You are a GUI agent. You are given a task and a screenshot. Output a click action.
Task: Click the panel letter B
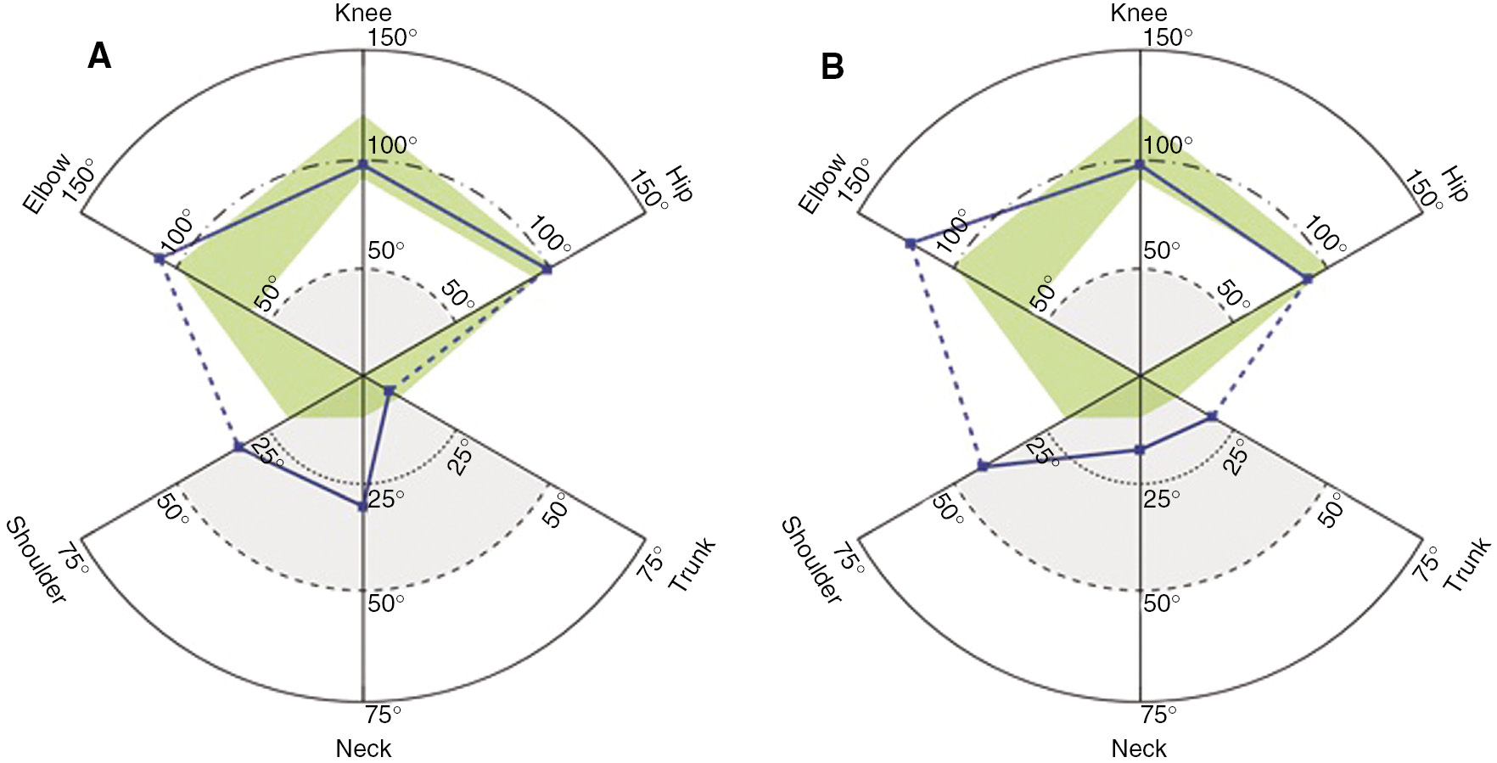point(832,67)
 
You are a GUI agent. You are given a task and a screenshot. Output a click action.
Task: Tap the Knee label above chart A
point(363,13)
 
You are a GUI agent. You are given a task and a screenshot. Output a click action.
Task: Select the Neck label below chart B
point(1139,749)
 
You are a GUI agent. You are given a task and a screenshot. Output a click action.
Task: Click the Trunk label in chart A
point(692,564)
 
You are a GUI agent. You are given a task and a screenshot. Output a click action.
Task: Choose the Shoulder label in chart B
point(810,561)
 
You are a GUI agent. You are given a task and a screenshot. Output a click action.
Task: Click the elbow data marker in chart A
point(160,258)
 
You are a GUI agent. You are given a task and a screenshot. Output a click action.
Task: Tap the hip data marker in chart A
point(547,269)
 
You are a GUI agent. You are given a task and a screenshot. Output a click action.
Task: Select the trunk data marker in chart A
point(390,390)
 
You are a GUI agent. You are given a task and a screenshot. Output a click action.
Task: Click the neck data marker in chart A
point(363,506)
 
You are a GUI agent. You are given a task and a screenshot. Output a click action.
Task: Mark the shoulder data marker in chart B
point(983,466)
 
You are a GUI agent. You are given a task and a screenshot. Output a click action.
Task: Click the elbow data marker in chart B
point(910,244)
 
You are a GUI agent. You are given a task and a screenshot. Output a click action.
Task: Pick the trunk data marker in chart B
point(1212,416)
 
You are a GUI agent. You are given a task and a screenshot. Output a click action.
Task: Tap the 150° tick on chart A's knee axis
point(393,38)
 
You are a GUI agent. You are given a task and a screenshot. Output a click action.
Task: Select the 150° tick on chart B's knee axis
point(1169,38)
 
